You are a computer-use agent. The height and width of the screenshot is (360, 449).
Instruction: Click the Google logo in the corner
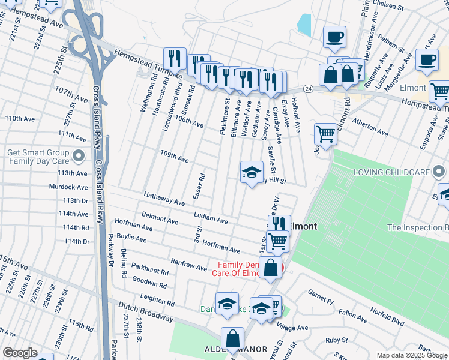click(x=19, y=353)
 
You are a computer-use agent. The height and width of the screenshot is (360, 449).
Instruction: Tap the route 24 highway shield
click(x=307, y=88)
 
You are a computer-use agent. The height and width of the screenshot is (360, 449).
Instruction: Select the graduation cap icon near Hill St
click(x=252, y=173)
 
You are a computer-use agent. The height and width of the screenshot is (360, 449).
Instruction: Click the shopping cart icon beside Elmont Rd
click(x=325, y=134)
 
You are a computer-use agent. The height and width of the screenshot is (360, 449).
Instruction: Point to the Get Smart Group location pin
click(x=78, y=157)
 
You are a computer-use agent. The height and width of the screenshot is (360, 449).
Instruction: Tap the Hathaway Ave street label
click(x=164, y=199)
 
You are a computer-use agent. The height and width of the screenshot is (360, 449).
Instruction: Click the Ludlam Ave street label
click(x=211, y=217)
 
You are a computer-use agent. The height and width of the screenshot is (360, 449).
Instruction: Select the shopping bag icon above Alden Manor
click(x=232, y=338)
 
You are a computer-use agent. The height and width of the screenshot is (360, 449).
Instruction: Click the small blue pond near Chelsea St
click(x=304, y=25)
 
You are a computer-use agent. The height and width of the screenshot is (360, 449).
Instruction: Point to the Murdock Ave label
click(x=69, y=187)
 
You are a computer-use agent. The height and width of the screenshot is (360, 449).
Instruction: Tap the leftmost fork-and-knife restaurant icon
click(x=175, y=59)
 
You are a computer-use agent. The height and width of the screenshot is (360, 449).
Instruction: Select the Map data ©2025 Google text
click(x=411, y=355)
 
